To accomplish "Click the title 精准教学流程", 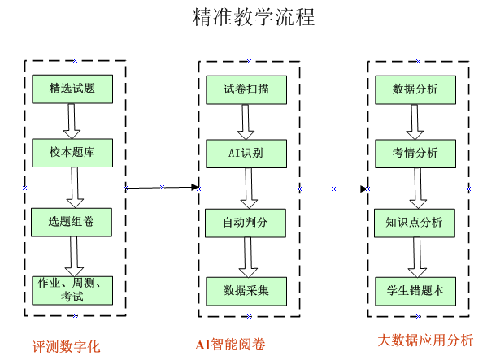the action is pos(254,17).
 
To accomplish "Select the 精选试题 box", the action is pos(72,89).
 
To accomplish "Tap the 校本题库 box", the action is pos(72,153).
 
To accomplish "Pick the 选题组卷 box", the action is pos(72,222).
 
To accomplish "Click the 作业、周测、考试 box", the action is pos(72,290).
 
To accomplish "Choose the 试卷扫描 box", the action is pos(246,89).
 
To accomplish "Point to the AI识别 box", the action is pos(246,154).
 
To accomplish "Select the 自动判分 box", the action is pos(246,223).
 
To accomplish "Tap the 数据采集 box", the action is pos(246,292).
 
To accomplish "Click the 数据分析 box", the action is pos(415,89).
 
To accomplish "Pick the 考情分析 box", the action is pos(415,154).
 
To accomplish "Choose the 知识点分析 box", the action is pos(415,223).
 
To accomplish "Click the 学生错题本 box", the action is pos(415,292).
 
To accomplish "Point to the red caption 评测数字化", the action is pos(66,347).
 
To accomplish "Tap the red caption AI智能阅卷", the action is pos(230,345).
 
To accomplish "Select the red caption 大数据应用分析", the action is pos(425,340).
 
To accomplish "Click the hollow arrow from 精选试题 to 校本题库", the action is pos(72,121).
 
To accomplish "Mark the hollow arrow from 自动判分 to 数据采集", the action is pos(248,258).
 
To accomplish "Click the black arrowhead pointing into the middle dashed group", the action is pos(195,187).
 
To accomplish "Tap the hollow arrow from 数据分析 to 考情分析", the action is pos(415,122).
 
